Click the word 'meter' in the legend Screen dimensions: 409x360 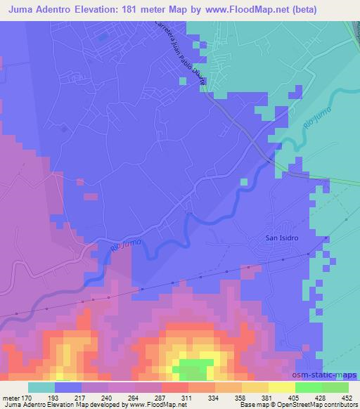pos(11,397)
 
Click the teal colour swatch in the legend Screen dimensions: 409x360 pos(41,387)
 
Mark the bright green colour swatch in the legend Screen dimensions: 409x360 pos(308,387)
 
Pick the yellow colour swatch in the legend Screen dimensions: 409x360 pos(281,387)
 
